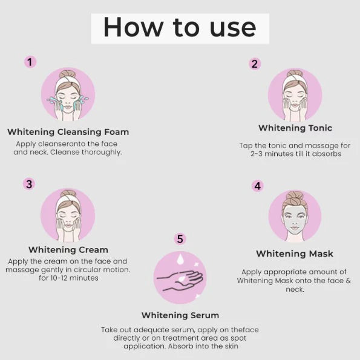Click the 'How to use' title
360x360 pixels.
coord(180,28)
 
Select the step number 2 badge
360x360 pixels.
coord(255,64)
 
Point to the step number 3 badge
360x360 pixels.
coord(29,184)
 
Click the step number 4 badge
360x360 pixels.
coord(258,186)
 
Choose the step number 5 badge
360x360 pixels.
coord(180,239)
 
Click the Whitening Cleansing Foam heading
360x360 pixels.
coord(68,132)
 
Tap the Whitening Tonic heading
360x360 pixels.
coord(295,128)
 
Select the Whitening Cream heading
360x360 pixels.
coord(68,249)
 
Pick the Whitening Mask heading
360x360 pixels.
coord(294,254)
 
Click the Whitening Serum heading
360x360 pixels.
coord(180,315)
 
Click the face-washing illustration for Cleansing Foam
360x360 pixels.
coord(68,94)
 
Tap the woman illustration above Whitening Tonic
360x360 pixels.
coord(295,93)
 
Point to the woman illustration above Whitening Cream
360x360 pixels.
coord(68,215)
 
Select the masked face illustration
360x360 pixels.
coord(295,217)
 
